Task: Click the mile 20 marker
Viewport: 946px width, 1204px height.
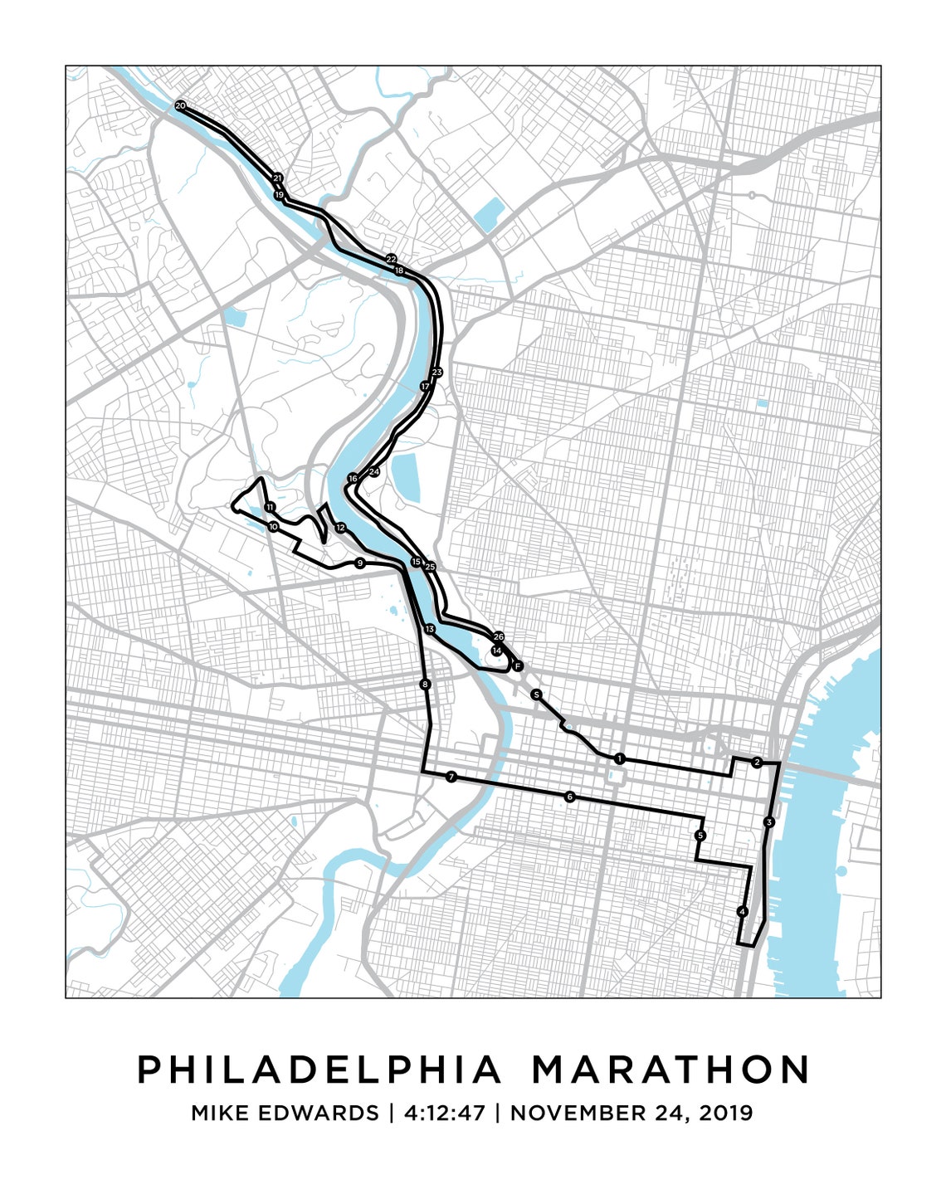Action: click(180, 105)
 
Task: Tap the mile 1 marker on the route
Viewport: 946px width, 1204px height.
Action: click(619, 758)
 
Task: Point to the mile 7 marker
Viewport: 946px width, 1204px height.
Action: click(451, 777)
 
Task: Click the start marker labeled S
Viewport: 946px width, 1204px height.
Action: click(537, 694)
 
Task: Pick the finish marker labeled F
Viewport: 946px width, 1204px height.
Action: click(517, 665)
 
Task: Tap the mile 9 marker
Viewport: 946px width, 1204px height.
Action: click(359, 563)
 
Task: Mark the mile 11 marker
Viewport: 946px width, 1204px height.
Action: click(270, 507)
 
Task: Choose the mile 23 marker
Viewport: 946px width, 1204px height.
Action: click(437, 372)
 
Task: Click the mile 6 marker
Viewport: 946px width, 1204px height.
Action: click(569, 797)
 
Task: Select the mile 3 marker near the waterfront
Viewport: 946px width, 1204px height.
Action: click(769, 822)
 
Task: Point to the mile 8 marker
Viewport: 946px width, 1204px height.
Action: click(426, 685)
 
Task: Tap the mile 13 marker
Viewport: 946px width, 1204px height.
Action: click(429, 629)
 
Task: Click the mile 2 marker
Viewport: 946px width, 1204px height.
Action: click(756, 762)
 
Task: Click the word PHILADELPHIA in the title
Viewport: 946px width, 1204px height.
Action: click(319, 1070)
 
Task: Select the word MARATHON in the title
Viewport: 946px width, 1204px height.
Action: click(670, 1070)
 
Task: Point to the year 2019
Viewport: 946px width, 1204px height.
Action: click(725, 1113)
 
